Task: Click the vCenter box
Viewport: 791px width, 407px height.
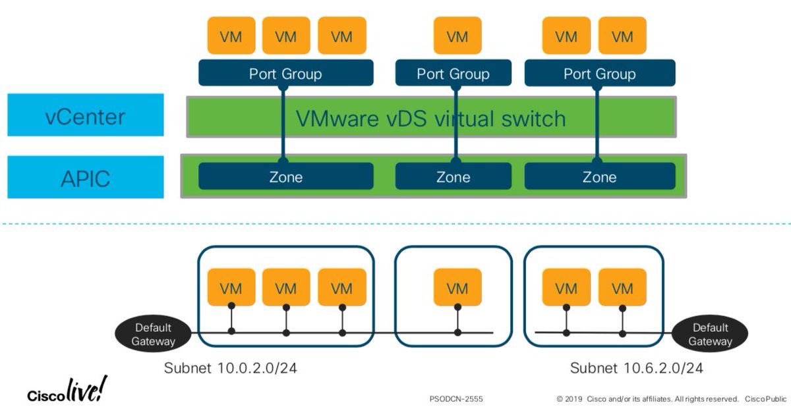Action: (x=85, y=115)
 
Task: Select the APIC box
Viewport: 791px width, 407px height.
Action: (x=85, y=176)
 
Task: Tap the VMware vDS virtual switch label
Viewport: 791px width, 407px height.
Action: (x=431, y=118)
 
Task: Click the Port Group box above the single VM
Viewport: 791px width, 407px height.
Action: (x=453, y=73)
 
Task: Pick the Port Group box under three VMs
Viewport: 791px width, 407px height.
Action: (x=285, y=73)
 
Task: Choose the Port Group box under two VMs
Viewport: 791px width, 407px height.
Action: (x=599, y=73)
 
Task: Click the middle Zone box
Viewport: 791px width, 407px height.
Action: (x=453, y=176)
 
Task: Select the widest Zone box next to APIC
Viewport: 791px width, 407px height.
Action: (x=285, y=176)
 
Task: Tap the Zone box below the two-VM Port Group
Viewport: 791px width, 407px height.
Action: (x=599, y=176)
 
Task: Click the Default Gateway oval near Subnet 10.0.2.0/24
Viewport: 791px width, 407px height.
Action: (x=153, y=334)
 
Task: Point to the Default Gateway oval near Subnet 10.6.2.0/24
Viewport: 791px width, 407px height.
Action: (x=711, y=334)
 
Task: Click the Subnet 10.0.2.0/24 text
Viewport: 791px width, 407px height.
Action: (x=231, y=368)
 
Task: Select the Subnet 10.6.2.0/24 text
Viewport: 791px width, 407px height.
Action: (x=636, y=368)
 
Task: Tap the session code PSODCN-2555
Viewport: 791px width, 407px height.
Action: (x=456, y=398)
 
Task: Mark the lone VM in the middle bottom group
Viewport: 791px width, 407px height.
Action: (x=457, y=288)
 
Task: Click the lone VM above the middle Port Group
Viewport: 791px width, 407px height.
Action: (x=457, y=36)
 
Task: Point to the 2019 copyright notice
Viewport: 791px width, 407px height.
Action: (x=647, y=398)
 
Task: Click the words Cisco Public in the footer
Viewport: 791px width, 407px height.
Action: (x=765, y=398)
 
